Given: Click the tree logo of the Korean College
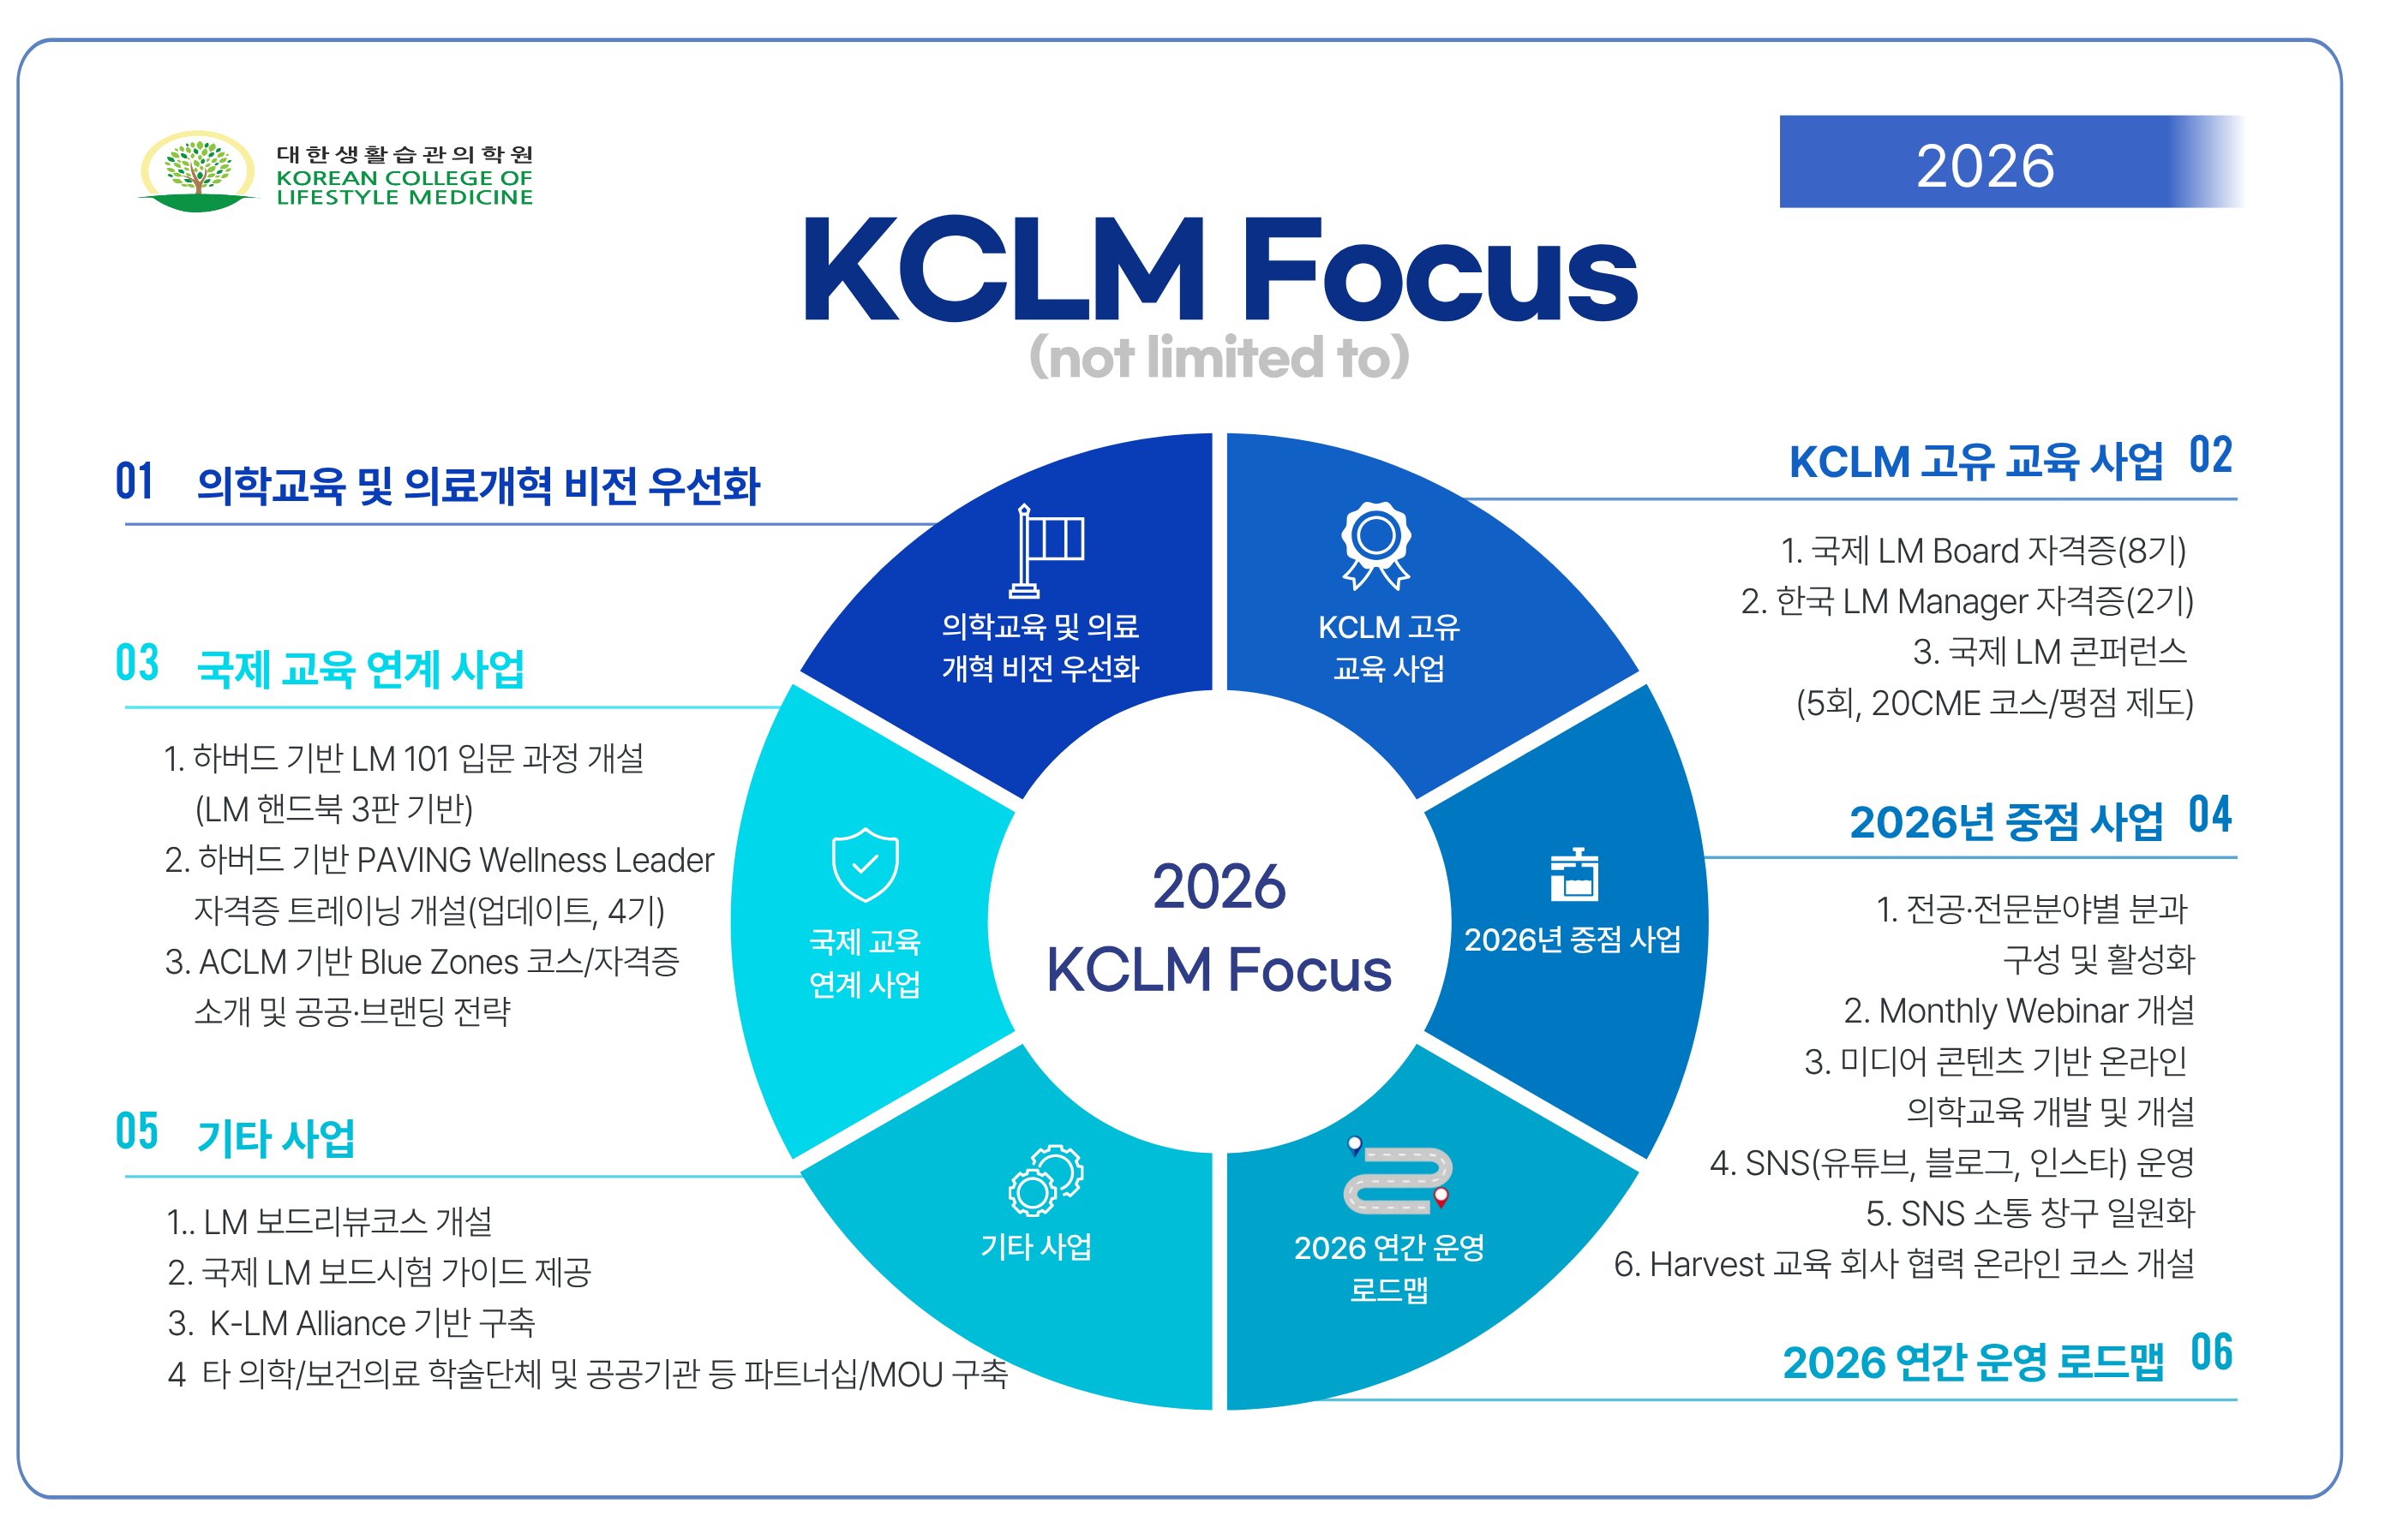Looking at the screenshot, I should [x=197, y=171].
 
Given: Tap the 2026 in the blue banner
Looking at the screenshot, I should [x=1984, y=165].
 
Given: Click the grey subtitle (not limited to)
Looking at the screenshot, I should [x=1219, y=356].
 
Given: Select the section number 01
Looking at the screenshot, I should [x=135, y=482].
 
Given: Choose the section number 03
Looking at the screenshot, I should [x=136, y=663].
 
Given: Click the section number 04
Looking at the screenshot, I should [x=2208, y=815].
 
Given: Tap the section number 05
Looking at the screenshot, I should [x=136, y=1132].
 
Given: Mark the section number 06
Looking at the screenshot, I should [x=2211, y=1354].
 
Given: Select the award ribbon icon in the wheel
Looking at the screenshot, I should [x=1375, y=546].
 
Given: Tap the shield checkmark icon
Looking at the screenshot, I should [x=865, y=864].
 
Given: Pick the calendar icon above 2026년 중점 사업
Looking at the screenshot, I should [x=1573, y=875].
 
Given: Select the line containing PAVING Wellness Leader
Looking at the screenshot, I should [x=439, y=860].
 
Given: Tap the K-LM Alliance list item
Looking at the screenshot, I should [x=351, y=1323].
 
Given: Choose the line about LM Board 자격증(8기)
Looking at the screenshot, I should [x=1981, y=551].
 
